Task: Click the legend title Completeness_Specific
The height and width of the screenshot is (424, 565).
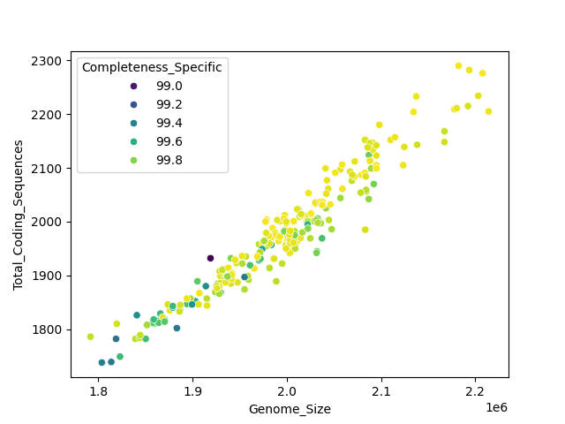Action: (x=152, y=67)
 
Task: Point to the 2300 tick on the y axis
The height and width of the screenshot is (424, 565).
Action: (x=48, y=61)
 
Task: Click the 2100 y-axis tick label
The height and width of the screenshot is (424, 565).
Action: (x=48, y=169)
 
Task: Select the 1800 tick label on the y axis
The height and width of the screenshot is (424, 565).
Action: (x=48, y=329)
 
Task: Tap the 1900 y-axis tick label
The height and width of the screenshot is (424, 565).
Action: (x=48, y=276)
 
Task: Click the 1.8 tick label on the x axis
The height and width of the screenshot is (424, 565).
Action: (x=98, y=390)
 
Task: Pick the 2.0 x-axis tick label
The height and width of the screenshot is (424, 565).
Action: (x=286, y=390)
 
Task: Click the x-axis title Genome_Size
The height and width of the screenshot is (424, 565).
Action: (x=290, y=409)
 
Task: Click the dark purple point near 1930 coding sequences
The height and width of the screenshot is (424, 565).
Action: (x=210, y=258)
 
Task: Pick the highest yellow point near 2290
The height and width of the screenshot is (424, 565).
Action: (x=458, y=65)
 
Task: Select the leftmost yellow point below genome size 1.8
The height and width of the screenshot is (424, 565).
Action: (x=90, y=337)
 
